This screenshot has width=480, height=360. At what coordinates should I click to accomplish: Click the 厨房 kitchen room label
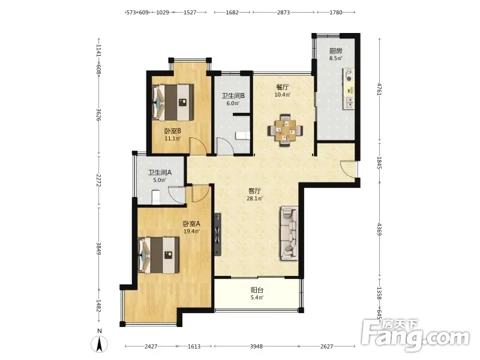click(x=335, y=51)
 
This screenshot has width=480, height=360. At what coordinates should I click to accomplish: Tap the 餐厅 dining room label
click(x=282, y=87)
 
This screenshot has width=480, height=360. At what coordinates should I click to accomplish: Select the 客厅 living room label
click(x=254, y=191)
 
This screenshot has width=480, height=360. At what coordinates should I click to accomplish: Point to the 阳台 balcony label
click(x=257, y=290)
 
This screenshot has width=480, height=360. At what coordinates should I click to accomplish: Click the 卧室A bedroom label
click(x=191, y=224)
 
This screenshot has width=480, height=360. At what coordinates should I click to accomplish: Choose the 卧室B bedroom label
click(x=173, y=131)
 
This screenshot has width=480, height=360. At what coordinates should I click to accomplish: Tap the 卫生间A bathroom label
click(x=160, y=172)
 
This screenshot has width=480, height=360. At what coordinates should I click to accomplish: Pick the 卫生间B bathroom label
click(x=233, y=96)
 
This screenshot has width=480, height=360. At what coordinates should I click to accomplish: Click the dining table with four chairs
click(x=286, y=130)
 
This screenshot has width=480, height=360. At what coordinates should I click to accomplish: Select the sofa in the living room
click(x=289, y=233)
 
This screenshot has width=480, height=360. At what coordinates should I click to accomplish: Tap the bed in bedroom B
click(x=173, y=103)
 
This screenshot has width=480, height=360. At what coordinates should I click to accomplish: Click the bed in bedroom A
click(x=158, y=255)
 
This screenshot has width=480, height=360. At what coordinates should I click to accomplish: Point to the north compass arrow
click(x=99, y=344)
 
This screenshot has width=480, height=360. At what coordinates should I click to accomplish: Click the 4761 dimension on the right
click(x=380, y=89)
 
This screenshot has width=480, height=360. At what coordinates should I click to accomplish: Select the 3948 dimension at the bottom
click(x=256, y=346)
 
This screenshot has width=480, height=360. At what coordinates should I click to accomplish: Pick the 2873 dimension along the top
click(x=283, y=12)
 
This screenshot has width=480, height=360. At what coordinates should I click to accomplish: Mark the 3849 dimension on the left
click(x=98, y=248)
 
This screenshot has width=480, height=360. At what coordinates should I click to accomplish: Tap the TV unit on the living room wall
click(x=218, y=235)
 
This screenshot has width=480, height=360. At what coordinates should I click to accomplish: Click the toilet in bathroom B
click(x=243, y=136)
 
